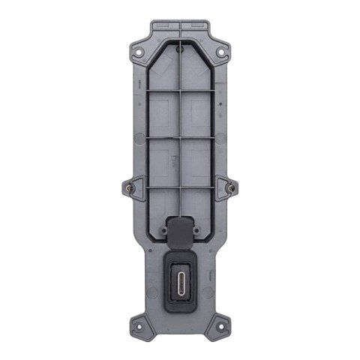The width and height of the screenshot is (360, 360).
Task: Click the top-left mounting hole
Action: pos(138,52)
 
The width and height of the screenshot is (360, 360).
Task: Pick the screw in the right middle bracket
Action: pos(231,186)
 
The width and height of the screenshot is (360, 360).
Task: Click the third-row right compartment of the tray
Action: pos(201,158)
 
